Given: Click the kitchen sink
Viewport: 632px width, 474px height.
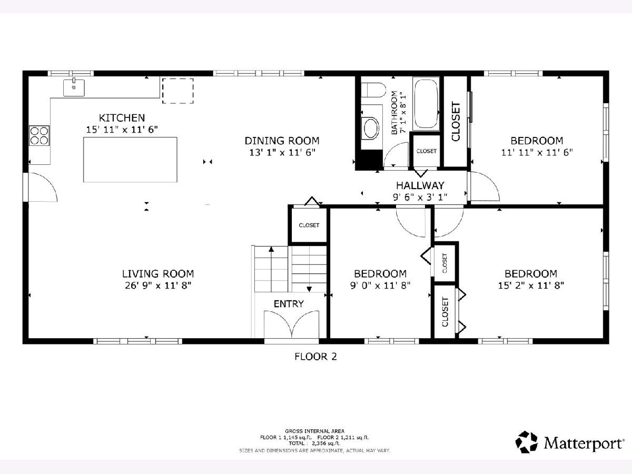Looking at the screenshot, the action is tap(74, 87).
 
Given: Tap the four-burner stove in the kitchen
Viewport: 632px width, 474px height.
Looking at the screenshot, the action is tap(39, 135).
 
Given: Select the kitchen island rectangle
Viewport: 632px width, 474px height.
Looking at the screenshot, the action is tap(130, 160).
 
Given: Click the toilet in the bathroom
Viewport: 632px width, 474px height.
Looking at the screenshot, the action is tap(373, 90).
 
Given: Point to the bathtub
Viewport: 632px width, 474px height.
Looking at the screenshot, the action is tap(426, 104).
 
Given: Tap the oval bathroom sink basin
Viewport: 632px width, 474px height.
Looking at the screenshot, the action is tap(371, 129).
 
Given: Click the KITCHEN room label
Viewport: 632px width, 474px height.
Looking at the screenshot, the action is tap(122, 117).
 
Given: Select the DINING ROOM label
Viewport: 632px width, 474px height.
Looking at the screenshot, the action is tap(282, 141).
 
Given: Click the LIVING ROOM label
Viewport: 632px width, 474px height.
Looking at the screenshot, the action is tap(158, 273).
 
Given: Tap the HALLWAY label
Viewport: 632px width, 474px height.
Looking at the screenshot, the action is tap(420, 185).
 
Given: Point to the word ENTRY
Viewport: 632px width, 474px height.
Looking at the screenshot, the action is tap(289, 304).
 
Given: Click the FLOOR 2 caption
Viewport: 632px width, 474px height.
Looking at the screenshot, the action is tap(315, 357).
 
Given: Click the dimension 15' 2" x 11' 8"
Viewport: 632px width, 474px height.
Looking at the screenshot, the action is tap(531, 285).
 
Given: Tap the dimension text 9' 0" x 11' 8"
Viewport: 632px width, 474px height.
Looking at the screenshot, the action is tap(380, 285).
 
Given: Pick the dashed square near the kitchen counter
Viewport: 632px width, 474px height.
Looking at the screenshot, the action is tap(177, 91).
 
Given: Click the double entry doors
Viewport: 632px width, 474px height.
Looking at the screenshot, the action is tap(291, 324).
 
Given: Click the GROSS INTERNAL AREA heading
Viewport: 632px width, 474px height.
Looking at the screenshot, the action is tap(314, 431).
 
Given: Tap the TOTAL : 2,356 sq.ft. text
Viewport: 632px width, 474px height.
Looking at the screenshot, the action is tap(314, 443).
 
